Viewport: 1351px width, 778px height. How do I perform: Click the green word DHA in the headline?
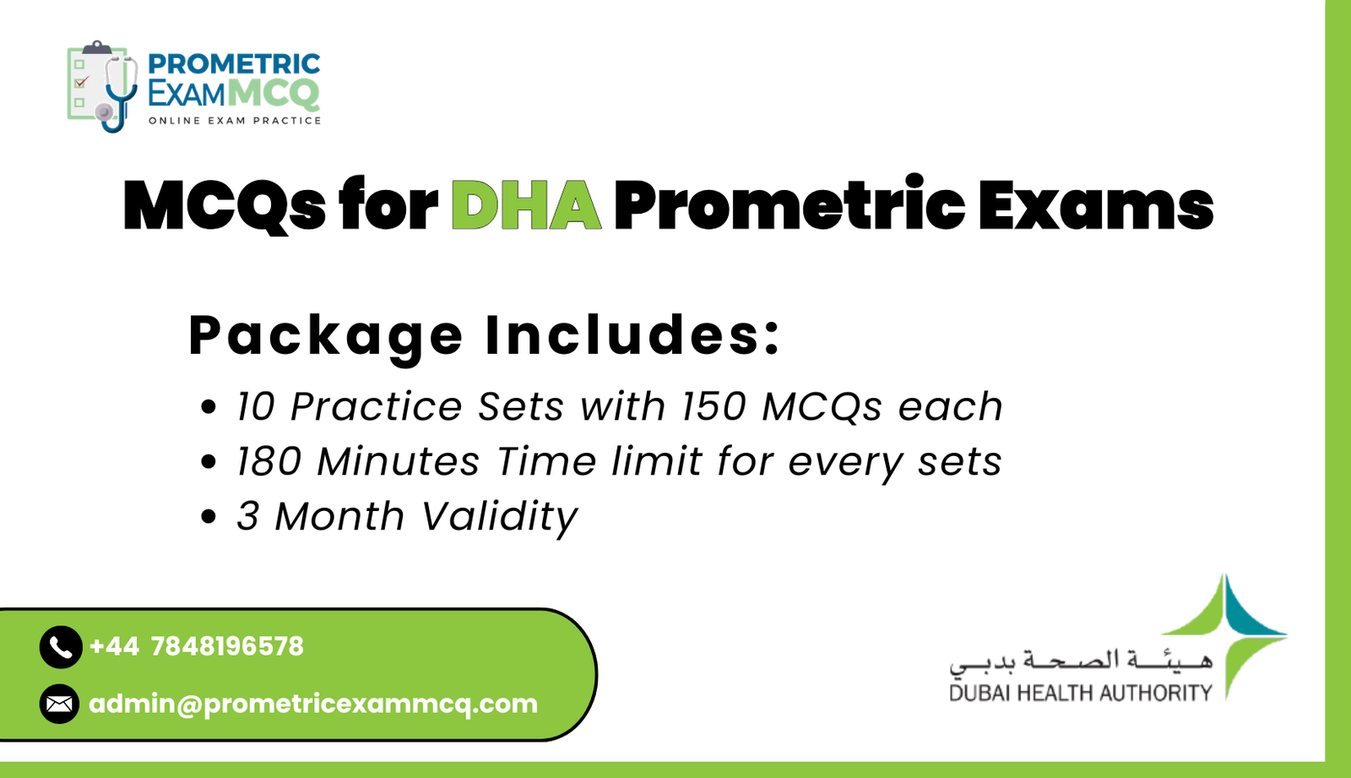pyautogui.click(x=526, y=205)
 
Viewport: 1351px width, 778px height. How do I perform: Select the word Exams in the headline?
pyautogui.click(x=1095, y=205)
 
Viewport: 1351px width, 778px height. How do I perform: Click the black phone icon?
pyautogui.click(x=60, y=647)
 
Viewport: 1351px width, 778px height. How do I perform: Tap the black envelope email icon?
pyautogui.click(x=59, y=704)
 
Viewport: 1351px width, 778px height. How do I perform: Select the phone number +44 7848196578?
pyautogui.click(x=196, y=647)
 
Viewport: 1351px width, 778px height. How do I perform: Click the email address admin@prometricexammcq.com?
pyautogui.click(x=313, y=704)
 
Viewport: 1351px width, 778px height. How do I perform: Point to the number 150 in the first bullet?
pyautogui.click(x=713, y=406)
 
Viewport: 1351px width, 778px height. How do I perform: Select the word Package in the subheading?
pyautogui.click(x=325, y=335)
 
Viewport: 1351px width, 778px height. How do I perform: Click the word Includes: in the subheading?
pyautogui.click(x=633, y=335)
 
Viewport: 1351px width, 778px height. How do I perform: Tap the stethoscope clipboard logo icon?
pyautogui.click(x=102, y=85)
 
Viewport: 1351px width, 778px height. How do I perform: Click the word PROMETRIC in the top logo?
pyautogui.click(x=234, y=64)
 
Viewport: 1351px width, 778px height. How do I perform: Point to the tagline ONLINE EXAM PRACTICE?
pyautogui.click(x=235, y=121)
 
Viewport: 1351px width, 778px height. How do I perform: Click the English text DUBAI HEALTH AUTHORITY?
pyautogui.click(x=1080, y=694)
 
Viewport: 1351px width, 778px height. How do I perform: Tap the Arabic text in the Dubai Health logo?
pyautogui.click(x=1080, y=661)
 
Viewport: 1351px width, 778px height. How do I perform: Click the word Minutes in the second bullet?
pyautogui.click(x=398, y=462)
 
